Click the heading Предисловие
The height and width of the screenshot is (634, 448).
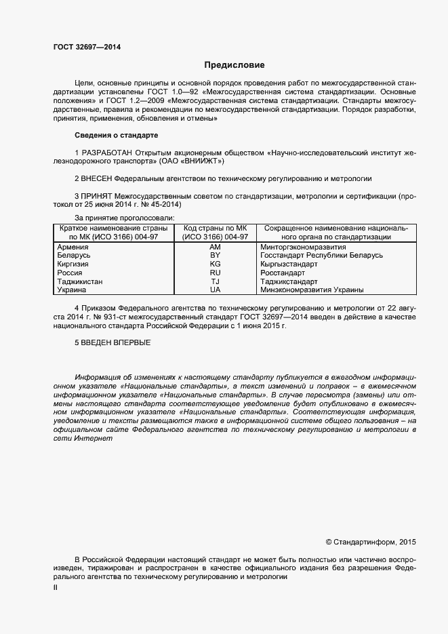235,65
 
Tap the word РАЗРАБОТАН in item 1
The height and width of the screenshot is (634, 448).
107,153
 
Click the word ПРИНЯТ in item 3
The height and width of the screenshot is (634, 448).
97,196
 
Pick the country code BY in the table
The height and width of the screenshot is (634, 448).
215,255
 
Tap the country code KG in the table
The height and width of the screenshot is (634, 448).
215,264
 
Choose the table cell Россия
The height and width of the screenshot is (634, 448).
70,273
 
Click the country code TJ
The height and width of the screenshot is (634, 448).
215,281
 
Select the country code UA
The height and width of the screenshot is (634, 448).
215,290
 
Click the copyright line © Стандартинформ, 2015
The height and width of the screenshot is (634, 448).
371,542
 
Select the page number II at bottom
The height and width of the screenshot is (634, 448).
56,589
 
